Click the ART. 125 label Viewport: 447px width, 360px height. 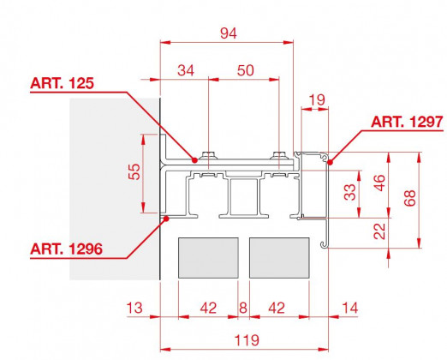[62, 83]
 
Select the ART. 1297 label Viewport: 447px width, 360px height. [407, 122]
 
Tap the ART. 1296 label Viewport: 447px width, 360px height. [66, 249]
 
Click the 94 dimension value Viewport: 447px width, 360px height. [229, 33]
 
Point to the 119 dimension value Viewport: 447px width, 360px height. [247, 340]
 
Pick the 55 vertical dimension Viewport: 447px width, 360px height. [134, 171]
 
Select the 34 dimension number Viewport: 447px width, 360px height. [186, 70]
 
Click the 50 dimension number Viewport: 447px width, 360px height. [245, 70]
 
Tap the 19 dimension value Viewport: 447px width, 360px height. [317, 100]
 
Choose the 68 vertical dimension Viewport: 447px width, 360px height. [410, 198]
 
